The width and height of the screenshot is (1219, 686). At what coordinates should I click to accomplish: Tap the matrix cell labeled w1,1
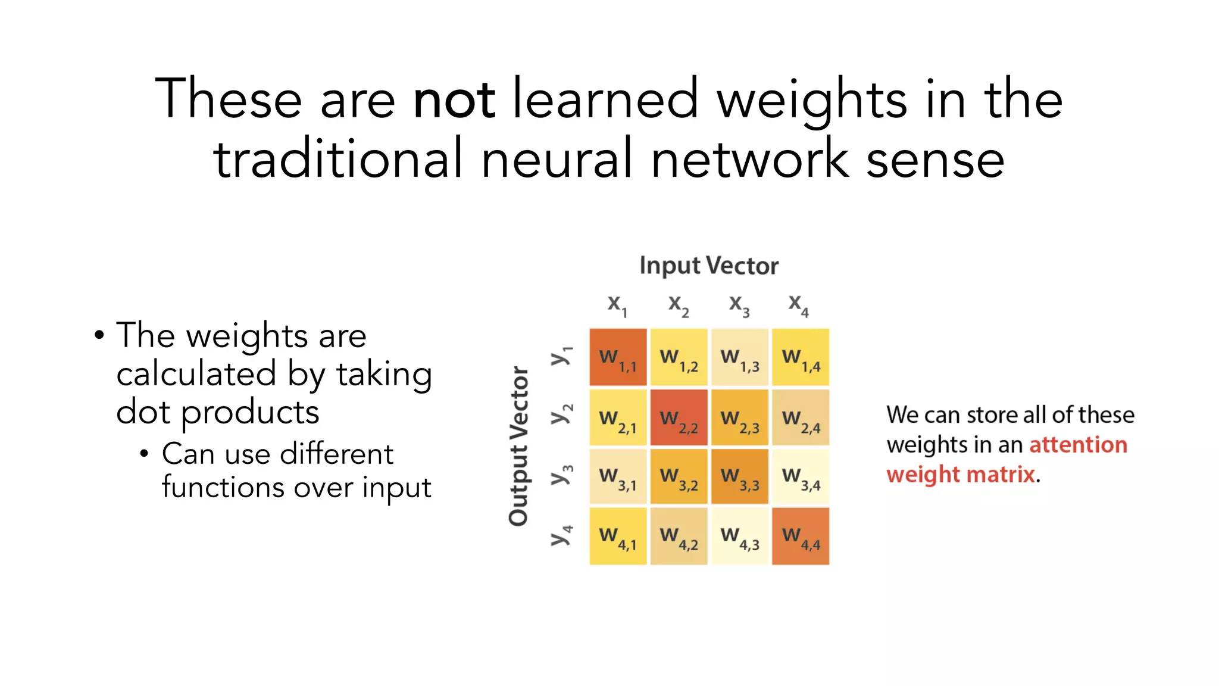pyautogui.click(x=618, y=357)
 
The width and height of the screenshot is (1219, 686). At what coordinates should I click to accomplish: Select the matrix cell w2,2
pyautogui.click(x=679, y=417)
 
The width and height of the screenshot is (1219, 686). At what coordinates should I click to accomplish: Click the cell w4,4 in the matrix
pyautogui.click(x=801, y=536)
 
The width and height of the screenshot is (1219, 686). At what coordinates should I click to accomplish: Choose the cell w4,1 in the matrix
pyautogui.click(x=618, y=536)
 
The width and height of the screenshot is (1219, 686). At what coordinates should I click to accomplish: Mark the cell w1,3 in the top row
pyautogui.click(x=740, y=357)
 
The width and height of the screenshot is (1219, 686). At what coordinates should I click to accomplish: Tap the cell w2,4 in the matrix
pyautogui.click(x=801, y=417)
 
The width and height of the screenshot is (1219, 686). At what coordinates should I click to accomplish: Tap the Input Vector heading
pyautogui.click(x=708, y=266)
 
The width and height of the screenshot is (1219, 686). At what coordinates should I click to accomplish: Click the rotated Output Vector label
pyautogui.click(x=519, y=446)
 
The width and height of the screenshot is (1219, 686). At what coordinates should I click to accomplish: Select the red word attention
pyautogui.click(x=1078, y=445)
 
